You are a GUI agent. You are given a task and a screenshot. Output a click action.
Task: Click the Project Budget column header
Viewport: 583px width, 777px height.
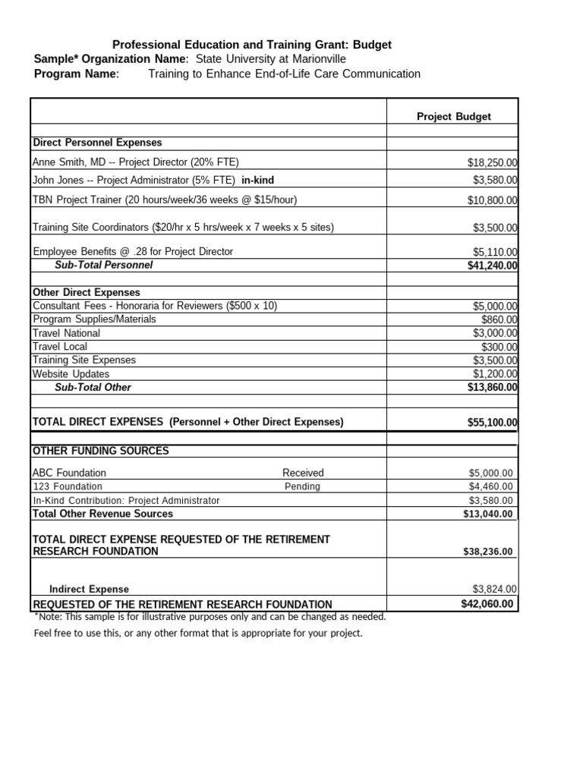click(x=453, y=117)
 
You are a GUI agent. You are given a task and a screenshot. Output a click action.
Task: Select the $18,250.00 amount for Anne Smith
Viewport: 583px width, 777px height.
click(x=492, y=162)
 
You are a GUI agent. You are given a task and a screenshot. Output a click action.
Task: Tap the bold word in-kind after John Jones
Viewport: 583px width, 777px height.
click(x=257, y=180)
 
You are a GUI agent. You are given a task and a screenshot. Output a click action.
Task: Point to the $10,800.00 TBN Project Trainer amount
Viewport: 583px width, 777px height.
click(x=492, y=200)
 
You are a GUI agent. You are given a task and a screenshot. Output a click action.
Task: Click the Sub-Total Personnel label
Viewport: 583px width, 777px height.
click(x=103, y=265)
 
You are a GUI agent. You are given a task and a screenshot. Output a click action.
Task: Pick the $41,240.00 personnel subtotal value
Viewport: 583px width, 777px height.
click(x=492, y=266)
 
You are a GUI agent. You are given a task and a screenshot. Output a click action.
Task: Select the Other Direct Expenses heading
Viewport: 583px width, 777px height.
click(x=86, y=292)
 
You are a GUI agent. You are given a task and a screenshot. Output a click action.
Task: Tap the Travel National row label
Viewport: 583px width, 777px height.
click(x=66, y=333)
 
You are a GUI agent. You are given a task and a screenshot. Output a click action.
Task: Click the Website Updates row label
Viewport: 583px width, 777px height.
click(x=71, y=374)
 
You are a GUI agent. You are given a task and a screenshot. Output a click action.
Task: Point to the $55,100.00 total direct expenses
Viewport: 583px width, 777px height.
click(x=492, y=423)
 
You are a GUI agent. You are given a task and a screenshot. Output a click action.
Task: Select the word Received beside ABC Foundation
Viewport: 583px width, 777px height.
click(x=303, y=473)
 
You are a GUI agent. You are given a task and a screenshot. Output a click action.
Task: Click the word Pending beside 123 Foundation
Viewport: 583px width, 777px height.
click(x=302, y=486)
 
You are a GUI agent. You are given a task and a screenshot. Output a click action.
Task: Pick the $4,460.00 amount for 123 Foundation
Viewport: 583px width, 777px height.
click(x=490, y=486)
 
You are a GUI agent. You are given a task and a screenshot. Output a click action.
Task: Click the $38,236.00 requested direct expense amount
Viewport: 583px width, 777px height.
click(x=487, y=552)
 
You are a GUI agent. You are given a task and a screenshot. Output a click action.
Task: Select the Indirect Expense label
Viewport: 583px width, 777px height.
click(x=89, y=589)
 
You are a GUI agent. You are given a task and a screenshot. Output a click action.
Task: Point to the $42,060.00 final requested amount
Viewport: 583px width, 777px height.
click(x=487, y=604)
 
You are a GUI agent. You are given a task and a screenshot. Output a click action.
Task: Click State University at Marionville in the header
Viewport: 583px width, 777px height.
click(x=271, y=59)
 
